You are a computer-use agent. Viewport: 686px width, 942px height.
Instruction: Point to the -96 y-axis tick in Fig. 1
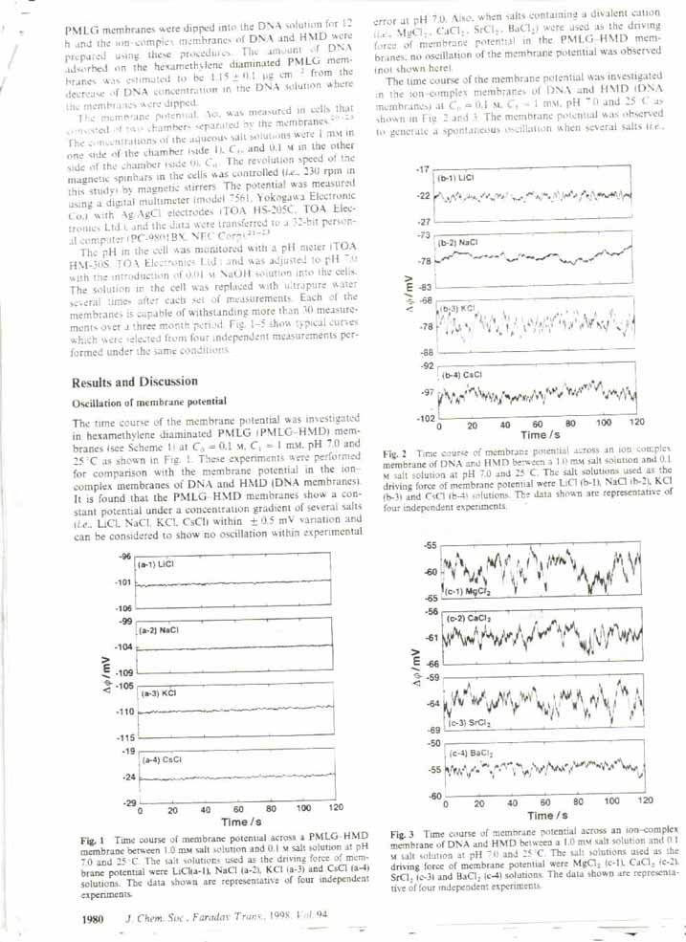coord(125,557)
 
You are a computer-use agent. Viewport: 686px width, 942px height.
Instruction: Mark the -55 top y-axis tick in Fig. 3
coord(430,545)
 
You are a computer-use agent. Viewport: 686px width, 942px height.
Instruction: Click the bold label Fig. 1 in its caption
coord(95,840)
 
